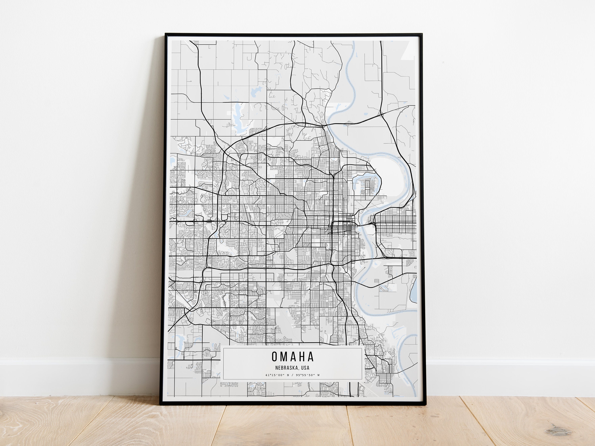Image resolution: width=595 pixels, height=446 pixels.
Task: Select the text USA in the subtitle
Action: (x=305, y=368)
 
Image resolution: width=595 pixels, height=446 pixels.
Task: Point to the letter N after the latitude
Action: (x=288, y=375)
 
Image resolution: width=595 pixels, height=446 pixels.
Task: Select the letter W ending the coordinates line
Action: (x=319, y=375)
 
